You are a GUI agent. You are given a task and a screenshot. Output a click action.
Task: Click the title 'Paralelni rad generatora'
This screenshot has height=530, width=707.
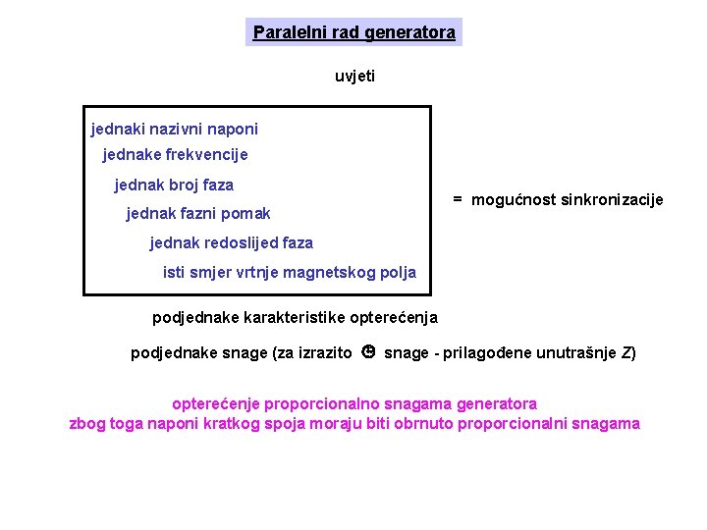point(353,32)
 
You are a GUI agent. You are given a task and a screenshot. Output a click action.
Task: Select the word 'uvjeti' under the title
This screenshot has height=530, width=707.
point(354,77)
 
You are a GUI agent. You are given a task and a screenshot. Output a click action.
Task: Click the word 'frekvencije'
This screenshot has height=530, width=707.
point(207,155)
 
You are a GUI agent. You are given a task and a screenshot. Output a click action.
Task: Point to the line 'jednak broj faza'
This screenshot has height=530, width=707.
point(174,185)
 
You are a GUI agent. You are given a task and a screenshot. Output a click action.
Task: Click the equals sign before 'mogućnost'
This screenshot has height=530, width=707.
point(458,199)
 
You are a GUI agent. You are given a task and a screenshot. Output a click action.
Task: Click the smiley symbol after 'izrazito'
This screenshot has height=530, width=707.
point(368,352)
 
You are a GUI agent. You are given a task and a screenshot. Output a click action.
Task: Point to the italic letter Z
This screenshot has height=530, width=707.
point(625,353)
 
